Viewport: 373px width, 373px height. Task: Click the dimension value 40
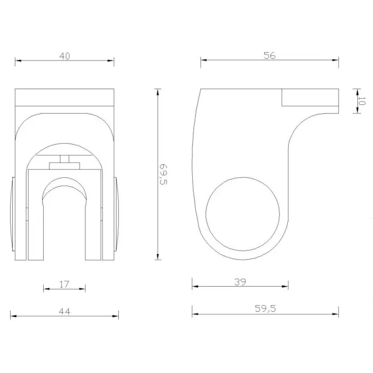[x=65, y=56]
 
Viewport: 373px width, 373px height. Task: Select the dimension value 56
[x=270, y=56]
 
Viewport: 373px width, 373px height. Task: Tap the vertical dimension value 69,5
[x=163, y=174]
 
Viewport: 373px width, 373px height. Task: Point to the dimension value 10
[x=361, y=101]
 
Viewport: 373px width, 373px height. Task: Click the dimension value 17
[x=65, y=284]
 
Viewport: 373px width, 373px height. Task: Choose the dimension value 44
[x=65, y=311]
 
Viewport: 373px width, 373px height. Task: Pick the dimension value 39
[x=240, y=282]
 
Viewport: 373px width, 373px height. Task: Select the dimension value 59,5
[x=265, y=308]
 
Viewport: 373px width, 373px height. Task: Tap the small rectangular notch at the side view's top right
[x=310, y=97]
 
